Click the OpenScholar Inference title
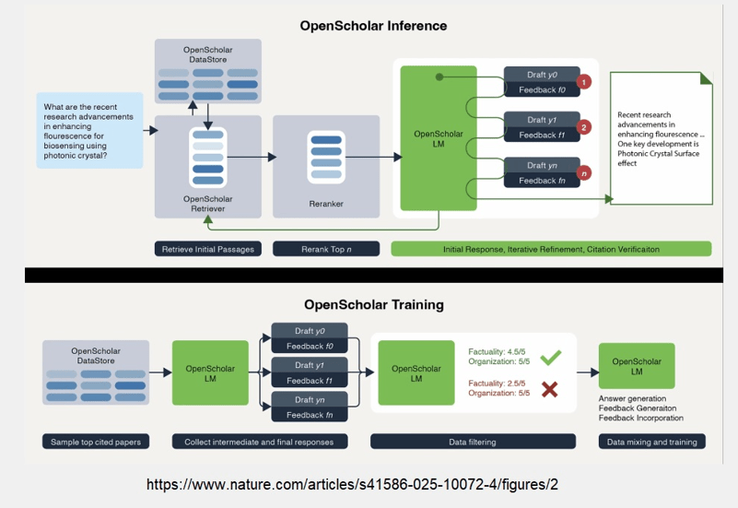(x=373, y=26)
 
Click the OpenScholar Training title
(x=374, y=304)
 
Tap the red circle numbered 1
(x=583, y=82)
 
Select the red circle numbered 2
(x=583, y=127)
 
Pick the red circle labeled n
(x=583, y=173)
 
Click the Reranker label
(x=326, y=204)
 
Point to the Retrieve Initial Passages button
(x=208, y=249)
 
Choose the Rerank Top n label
(x=326, y=249)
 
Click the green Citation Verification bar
(x=551, y=249)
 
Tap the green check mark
(x=551, y=358)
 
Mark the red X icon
(x=550, y=389)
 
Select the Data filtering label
(x=473, y=442)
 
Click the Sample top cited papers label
(x=96, y=442)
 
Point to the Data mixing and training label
(x=652, y=442)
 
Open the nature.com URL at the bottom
(x=352, y=484)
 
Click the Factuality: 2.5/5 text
(x=497, y=384)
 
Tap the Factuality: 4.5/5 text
(x=497, y=351)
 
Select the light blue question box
(x=90, y=130)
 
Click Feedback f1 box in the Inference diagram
(x=542, y=136)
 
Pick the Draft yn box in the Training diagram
(x=310, y=399)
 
